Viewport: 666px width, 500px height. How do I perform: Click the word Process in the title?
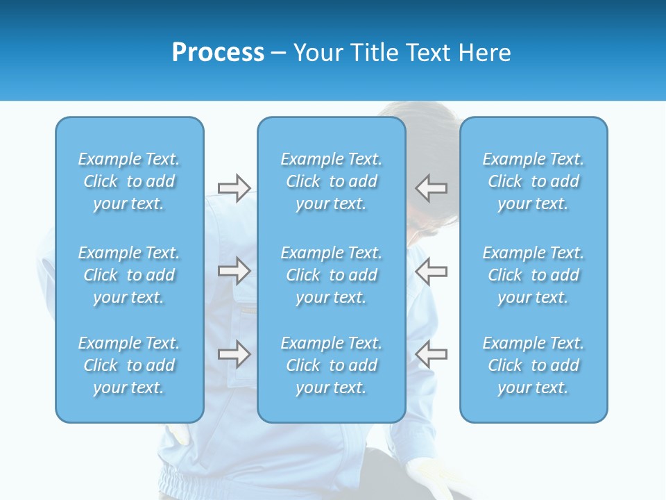[218, 53]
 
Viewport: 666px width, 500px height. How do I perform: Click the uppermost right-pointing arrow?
[234, 188]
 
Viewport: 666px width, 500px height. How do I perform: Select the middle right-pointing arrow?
[234, 271]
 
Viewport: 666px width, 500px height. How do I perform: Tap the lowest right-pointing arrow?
[234, 354]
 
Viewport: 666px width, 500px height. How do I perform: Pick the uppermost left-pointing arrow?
[432, 188]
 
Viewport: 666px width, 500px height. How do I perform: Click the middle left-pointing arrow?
[432, 271]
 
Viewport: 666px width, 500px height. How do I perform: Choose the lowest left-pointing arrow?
[432, 354]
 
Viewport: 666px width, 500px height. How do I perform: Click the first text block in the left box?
[129, 181]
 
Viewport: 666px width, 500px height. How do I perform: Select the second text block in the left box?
[129, 275]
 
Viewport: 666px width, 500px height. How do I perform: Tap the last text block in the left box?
[129, 365]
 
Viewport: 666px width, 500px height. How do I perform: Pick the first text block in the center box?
[331, 181]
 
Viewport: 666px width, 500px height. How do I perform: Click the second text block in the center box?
[331, 275]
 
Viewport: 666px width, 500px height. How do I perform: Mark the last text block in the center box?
[331, 365]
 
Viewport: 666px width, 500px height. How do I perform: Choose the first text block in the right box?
[533, 181]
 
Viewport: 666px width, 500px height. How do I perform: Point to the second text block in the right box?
[533, 275]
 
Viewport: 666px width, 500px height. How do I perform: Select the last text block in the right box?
[533, 365]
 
